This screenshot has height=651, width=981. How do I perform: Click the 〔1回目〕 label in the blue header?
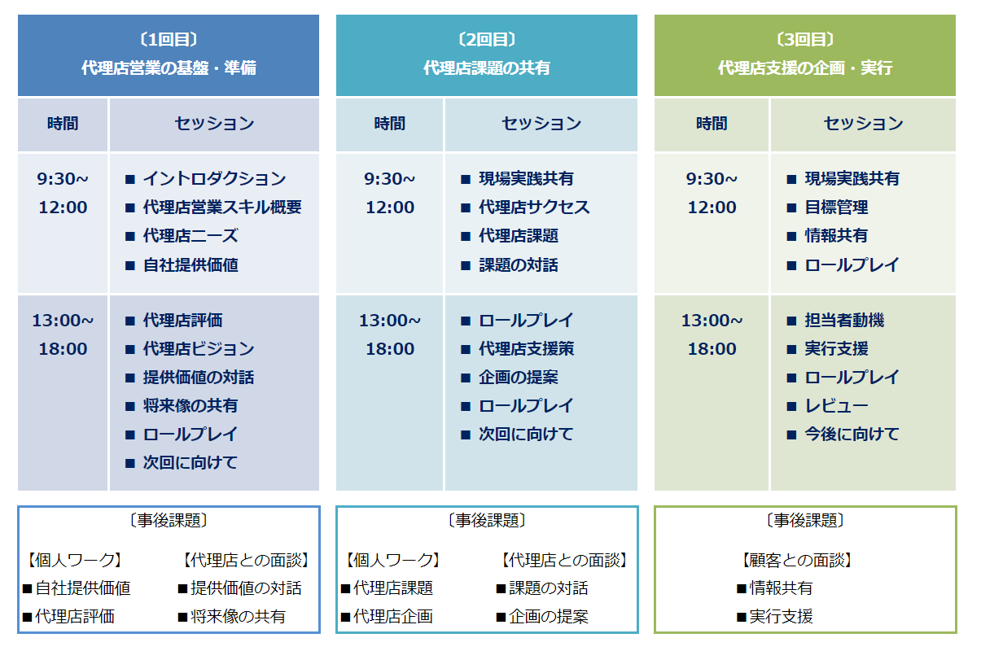169,39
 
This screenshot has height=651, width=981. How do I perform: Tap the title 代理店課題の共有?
487,68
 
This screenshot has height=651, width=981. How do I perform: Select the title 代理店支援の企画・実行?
805,68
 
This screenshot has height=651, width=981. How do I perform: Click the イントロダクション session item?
214,178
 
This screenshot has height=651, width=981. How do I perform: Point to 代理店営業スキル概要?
222,207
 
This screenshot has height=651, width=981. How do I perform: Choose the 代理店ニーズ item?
191,236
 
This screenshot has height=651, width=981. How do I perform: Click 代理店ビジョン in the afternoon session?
199,348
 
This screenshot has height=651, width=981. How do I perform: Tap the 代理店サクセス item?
534,207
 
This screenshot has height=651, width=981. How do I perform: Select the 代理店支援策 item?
526,348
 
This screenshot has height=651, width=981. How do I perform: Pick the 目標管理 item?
836,207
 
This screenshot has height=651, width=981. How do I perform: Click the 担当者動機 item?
844,320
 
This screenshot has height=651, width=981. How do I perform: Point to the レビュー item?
836,405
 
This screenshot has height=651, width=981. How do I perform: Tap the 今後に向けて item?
852,434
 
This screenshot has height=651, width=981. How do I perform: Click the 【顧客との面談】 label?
797,560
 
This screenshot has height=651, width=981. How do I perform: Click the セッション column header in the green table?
863,124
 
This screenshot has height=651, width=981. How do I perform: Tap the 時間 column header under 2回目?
390,124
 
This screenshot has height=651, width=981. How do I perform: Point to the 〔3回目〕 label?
805,39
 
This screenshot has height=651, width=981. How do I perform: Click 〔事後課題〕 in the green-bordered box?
805,520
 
